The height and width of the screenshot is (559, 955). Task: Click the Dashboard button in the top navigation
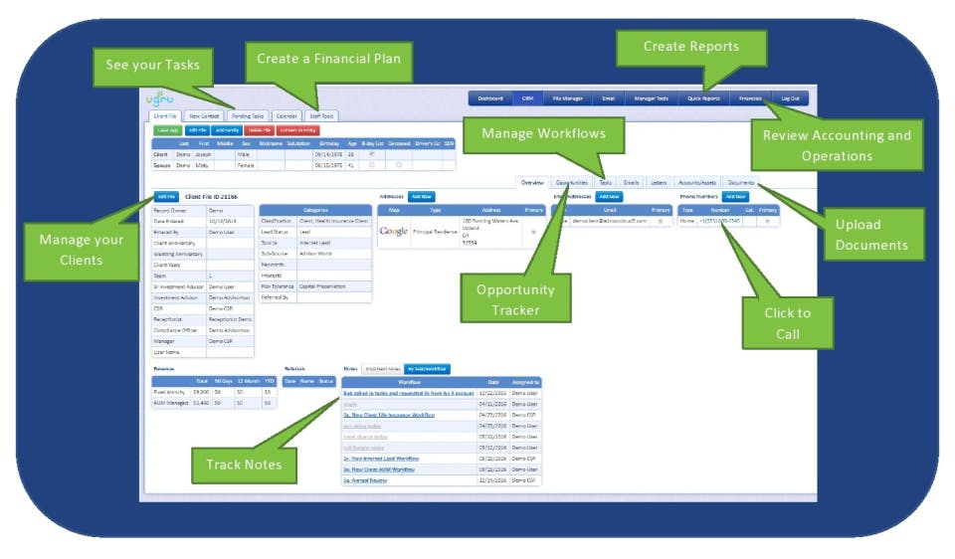point(489,98)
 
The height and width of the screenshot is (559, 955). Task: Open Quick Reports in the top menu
point(703,98)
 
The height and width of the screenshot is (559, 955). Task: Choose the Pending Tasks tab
point(246,116)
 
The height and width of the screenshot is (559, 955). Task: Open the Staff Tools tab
point(321,116)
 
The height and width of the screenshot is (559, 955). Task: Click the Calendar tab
point(286,116)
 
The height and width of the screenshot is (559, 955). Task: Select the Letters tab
point(659,183)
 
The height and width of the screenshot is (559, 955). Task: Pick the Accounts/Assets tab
point(697,183)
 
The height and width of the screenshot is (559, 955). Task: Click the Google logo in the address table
point(394,231)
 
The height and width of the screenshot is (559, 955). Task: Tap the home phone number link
point(720,221)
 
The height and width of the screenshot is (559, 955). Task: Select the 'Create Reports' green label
point(690,47)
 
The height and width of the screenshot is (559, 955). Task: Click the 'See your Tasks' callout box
point(152,65)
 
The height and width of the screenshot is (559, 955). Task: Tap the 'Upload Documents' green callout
point(870,235)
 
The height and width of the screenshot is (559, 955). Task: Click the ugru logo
point(158,98)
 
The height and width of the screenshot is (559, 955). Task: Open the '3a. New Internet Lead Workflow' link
point(381,459)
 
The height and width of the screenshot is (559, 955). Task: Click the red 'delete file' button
point(258,130)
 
